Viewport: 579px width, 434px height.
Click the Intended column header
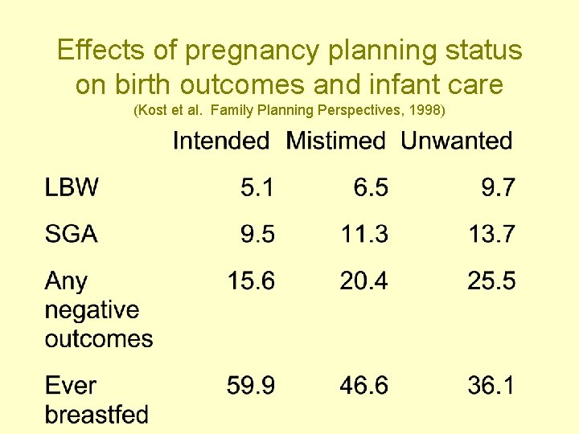click(221, 141)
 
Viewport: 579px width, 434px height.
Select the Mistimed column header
click(336, 141)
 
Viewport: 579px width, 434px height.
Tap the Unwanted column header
click(456, 141)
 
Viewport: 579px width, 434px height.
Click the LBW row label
click(72, 188)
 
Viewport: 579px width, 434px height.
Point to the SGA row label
click(72, 235)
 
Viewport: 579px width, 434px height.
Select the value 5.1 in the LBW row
click(257, 188)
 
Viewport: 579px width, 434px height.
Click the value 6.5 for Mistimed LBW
click(371, 188)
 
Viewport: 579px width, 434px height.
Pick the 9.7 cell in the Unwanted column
click(499, 188)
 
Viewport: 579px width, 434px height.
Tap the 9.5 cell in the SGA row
click(257, 235)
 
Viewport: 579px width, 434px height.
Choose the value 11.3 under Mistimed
click(363, 235)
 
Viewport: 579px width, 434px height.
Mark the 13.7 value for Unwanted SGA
click(491, 235)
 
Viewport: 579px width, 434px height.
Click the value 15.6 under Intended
click(250, 281)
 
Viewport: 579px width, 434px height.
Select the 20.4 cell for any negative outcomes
click(363, 281)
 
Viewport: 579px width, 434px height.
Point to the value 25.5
click(491, 281)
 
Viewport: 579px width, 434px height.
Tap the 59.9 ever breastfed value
click(250, 386)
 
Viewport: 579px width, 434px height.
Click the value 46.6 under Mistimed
click(363, 386)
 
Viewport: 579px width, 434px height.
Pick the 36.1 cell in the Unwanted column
click(491, 386)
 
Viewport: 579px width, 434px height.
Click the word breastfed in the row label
click(96, 415)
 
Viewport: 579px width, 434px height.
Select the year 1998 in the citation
click(423, 108)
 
